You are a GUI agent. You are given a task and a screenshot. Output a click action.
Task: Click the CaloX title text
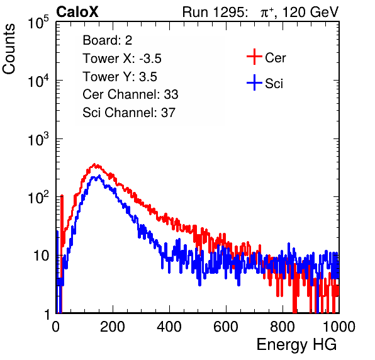(x=77, y=12)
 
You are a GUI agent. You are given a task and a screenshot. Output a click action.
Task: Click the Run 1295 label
(x=215, y=12)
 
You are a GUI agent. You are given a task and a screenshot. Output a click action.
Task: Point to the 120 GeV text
(x=310, y=12)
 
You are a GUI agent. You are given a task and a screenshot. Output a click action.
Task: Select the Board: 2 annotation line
(x=108, y=40)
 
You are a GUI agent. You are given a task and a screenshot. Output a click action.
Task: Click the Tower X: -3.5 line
(x=122, y=59)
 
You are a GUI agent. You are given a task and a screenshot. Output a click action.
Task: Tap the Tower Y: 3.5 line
(x=120, y=77)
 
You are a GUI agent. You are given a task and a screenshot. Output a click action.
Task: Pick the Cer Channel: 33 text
(x=130, y=94)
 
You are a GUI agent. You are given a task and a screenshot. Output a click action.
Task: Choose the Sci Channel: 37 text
(x=129, y=113)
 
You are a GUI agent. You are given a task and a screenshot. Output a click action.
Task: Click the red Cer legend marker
(x=254, y=57)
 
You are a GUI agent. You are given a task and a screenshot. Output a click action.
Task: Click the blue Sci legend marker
(x=254, y=82)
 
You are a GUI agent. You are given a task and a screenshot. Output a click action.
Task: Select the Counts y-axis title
(x=9, y=49)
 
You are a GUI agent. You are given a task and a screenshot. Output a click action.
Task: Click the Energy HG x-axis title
(x=296, y=344)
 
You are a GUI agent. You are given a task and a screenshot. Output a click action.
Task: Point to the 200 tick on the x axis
(x=113, y=327)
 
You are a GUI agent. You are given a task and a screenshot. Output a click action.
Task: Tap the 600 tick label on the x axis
(x=226, y=327)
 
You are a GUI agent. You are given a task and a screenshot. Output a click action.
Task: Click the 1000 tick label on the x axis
(x=339, y=327)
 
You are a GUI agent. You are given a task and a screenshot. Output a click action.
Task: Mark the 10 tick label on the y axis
(x=42, y=256)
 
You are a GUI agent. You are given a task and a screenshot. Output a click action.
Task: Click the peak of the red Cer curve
(x=94, y=164)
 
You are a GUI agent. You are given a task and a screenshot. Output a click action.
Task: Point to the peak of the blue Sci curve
(x=99, y=176)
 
